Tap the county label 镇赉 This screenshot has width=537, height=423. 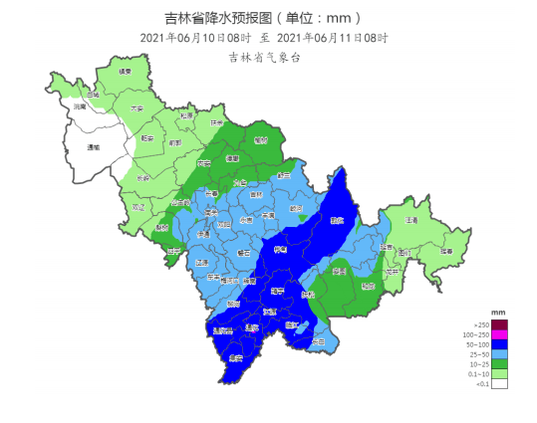[125, 73]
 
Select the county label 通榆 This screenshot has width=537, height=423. [94, 146]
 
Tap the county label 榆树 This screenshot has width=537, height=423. [260, 140]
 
